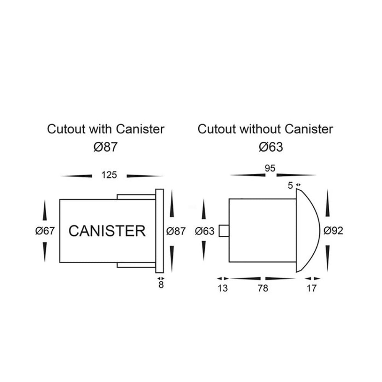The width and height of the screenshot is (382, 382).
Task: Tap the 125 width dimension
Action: point(109,175)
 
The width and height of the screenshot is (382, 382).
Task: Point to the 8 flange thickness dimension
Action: point(161,285)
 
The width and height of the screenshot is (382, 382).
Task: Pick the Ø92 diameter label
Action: point(333,231)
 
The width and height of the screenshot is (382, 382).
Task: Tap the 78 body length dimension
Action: point(263,288)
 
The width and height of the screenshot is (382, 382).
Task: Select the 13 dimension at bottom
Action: point(222,288)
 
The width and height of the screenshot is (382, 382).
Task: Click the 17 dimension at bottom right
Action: point(312,288)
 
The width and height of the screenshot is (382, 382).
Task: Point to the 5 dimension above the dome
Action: point(290,185)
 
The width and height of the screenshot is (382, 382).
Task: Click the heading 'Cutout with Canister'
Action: point(106,129)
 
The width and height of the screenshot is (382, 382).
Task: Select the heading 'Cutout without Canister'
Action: point(265,129)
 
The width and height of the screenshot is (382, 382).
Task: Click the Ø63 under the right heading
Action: point(270,147)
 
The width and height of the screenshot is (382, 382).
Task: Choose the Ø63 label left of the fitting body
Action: point(204,231)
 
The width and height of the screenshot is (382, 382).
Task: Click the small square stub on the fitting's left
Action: point(223,231)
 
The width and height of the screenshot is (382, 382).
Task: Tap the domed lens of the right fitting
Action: point(308,231)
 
